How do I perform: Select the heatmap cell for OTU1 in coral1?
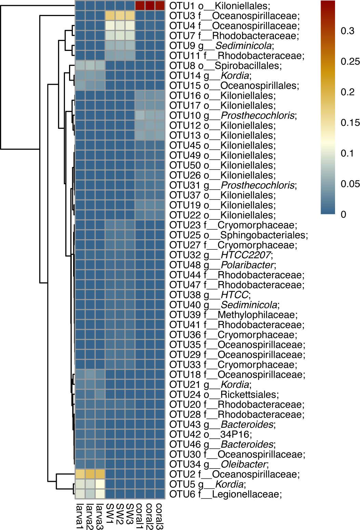[x=140, y=6]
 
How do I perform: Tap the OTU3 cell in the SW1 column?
[x=110, y=16]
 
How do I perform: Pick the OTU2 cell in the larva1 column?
[x=80, y=474]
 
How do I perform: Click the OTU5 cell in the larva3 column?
[x=100, y=484]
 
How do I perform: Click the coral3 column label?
[x=160, y=516]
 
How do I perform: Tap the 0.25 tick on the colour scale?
[x=350, y=62]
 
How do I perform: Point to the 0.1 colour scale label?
[x=347, y=153]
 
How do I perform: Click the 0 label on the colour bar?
[x=344, y=215]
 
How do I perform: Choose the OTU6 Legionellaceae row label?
[x=226, y=494]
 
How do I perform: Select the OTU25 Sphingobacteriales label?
[x=239, y=235]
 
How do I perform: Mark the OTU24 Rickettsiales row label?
[x=224, y=394]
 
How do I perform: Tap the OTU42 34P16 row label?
[x=211, y=434]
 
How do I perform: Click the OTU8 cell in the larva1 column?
[x=80, y=66]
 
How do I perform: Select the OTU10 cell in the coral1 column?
[x=140, y=115]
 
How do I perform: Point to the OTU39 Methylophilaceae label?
[x=234, y=315]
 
